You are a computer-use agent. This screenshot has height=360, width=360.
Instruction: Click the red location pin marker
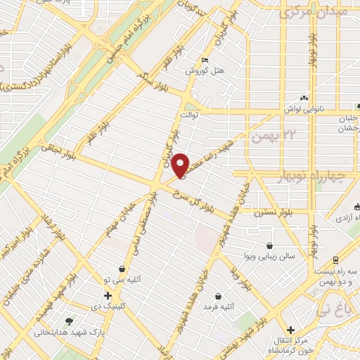pyautogui.click(x=180, y=165)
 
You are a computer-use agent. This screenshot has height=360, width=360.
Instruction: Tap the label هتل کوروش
pyautogui.click(x=204, y=71)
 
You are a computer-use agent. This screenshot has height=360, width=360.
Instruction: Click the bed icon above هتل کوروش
pyautogui.click(x=205, y=60)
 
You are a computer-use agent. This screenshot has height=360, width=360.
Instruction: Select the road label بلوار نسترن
pyautogui.click(x=274, y=211)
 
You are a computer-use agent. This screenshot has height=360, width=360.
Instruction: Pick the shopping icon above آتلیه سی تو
pyautogui.click(x=123, y=269)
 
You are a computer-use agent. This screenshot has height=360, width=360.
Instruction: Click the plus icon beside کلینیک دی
pyautogui.click(x=107, y=295)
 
